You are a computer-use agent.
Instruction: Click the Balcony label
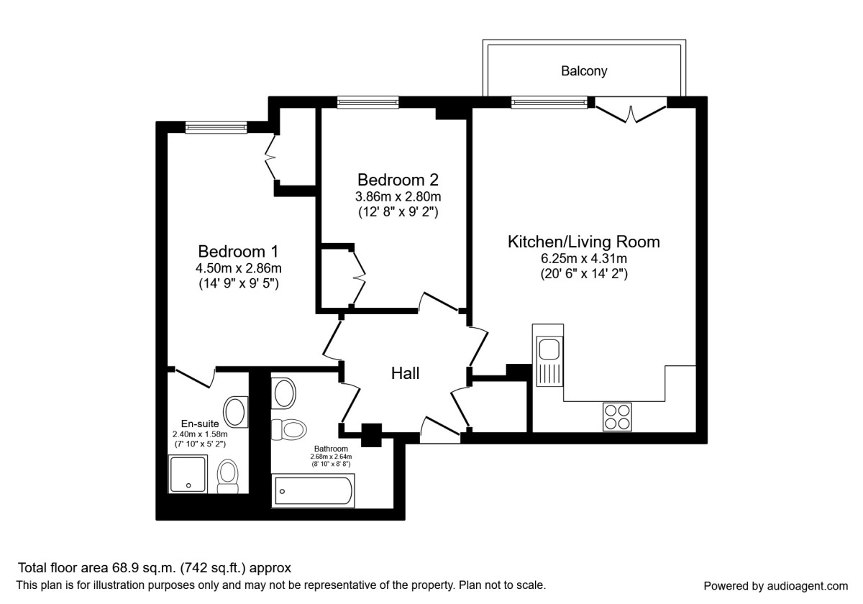pyautogui.click(x=584, y=71)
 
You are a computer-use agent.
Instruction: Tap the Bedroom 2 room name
pyautogui.click(x=398, y=179)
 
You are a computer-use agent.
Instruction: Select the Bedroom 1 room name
pyautogui.click(x=238, y=252)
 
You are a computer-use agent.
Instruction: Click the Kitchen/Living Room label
pyautogui.click(x=583, y=242)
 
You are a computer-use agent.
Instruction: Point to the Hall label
pyautogui.click(x=405, y=373)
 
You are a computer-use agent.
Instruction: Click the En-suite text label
pyautogui.click(x=200, y=424)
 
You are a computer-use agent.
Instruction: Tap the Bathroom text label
pyautogui.click(x=331, y=448)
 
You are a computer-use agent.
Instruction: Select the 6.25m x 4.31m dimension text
pyautogui.click(x=583, y=258)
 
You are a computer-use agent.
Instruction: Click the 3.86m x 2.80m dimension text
pyautogui.click(x=398, y=196)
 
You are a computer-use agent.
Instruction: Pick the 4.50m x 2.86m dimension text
pyautogui.click(x=238, y=268)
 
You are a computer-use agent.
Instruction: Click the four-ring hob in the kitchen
pyautogui.click(x=616, y=416)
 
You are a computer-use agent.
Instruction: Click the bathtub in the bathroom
pyautogui.click(x=313, y=491)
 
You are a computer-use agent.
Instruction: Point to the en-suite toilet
pyautogui.click(x=228, y=476)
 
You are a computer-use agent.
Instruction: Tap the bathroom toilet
pyautogui.click(x=289, y=429)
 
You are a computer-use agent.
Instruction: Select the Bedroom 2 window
pyautogui.click(x=367, y=103)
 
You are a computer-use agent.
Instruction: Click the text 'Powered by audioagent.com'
pyautogui.click(x=775, y=585)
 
